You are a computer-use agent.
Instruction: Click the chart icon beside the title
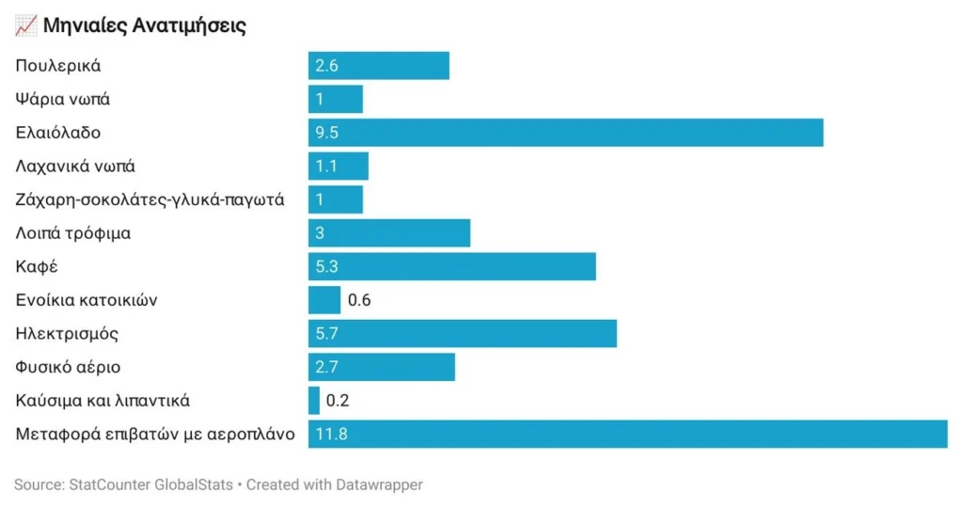tap(25, 25)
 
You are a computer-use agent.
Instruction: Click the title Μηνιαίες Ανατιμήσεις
tap(144, 25)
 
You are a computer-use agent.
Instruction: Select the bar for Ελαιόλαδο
tap(565, 133)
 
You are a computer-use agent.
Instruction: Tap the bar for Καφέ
tap(452, 266)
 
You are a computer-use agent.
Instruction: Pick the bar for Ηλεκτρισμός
tap(463, 334)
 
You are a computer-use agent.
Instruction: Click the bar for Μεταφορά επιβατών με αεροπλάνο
tap(627, 435)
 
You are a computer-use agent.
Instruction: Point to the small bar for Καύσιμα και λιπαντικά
tap(314, 401)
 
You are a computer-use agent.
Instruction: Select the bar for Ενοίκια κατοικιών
tap(324, 300)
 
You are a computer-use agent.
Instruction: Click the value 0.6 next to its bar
tap(359, 300)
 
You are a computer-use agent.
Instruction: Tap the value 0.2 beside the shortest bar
tap(338, 401)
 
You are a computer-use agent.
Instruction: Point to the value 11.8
tap(332, 435)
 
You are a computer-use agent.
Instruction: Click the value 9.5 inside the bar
tap(326, 133)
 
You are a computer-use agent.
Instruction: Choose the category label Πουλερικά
tap(58, 66)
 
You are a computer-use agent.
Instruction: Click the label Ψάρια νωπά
tap(63, 100)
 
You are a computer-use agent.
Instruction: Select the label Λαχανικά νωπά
tap(75, 167)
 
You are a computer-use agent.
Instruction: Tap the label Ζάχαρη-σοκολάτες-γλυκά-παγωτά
tap(150, 199)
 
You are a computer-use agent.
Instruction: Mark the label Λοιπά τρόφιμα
tap(73, 233)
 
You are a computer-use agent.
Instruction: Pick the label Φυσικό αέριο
tap(68, 367)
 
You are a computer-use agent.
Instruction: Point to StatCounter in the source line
tap(109, 484)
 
